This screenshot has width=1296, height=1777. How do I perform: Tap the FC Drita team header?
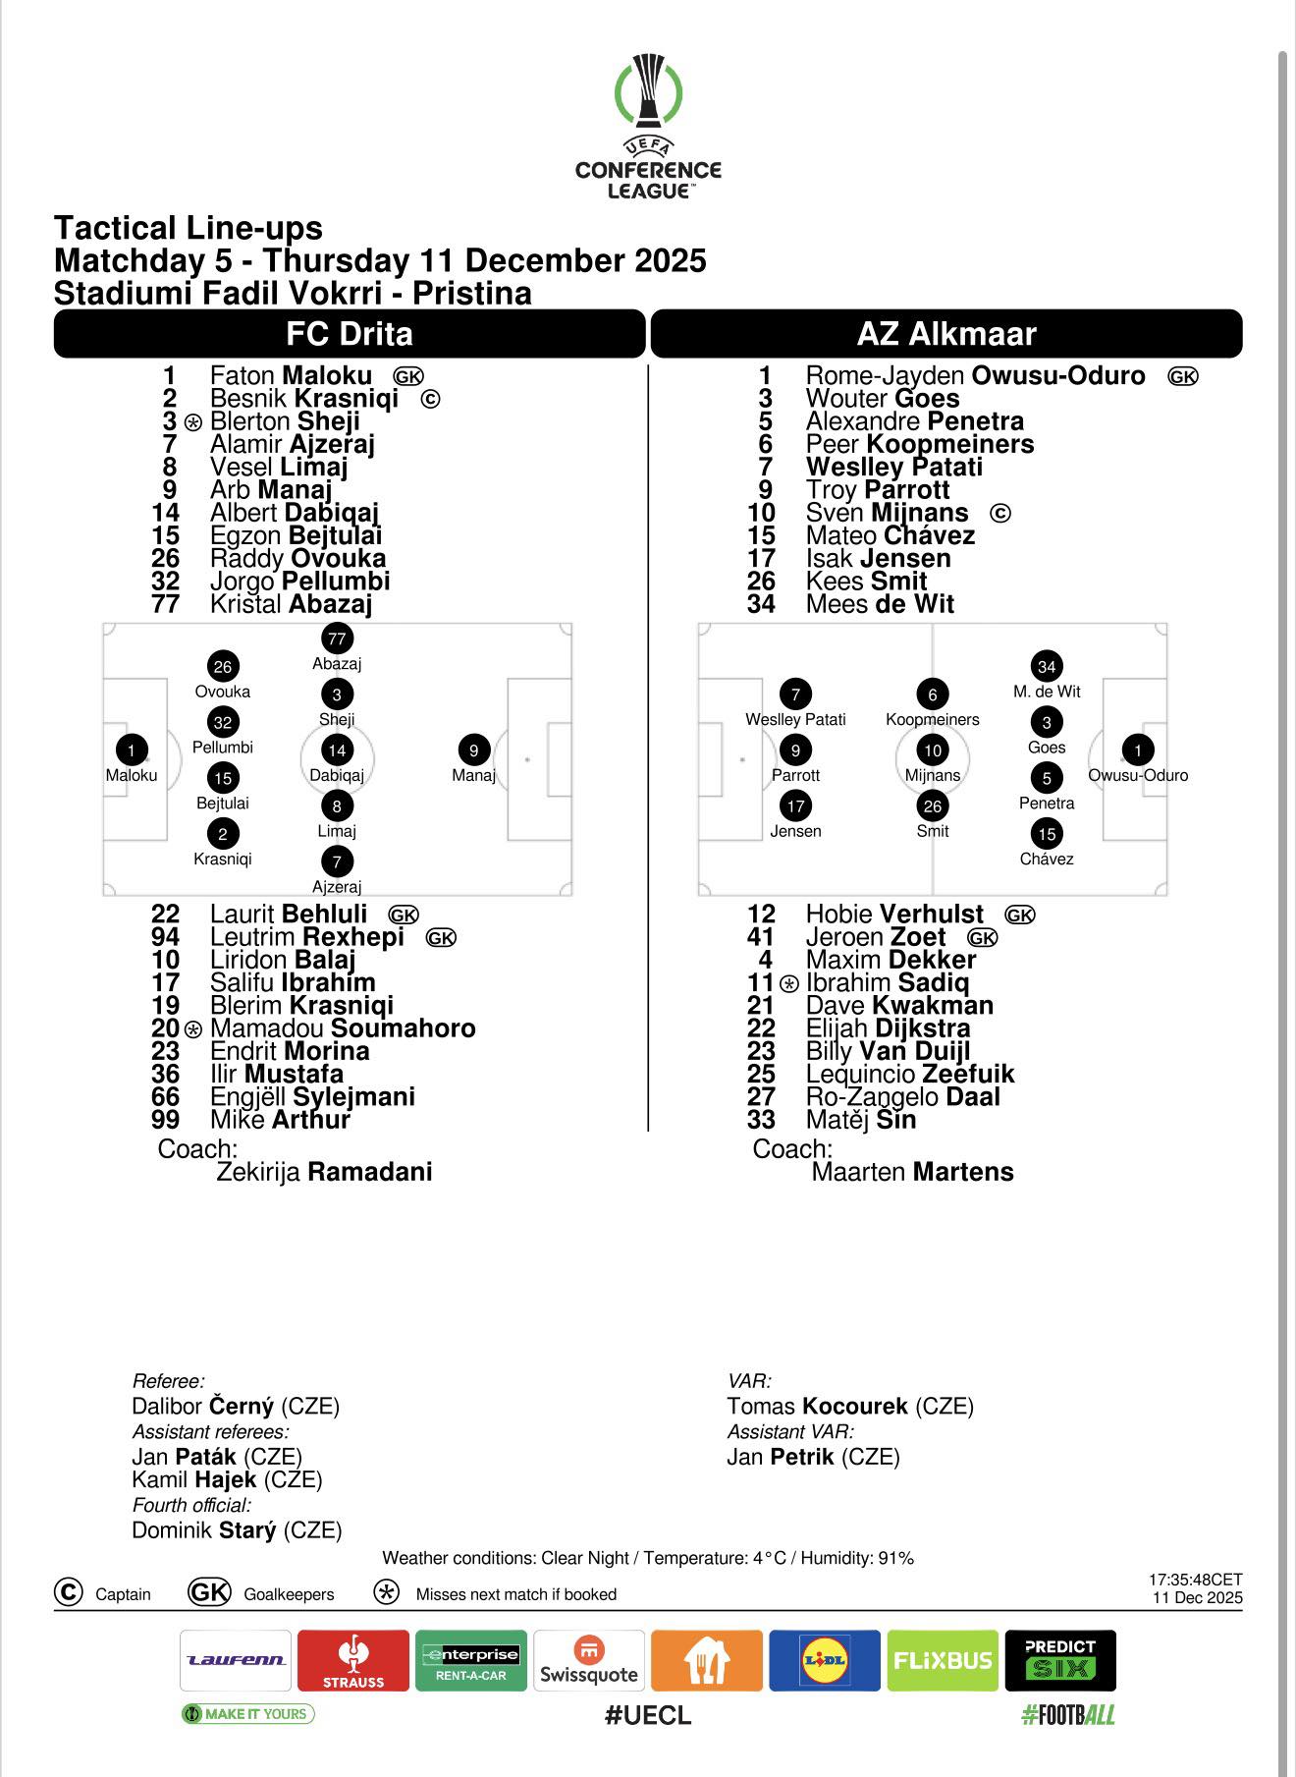click(x=350, y=334)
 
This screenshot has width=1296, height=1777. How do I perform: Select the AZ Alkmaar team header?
click(x=946, y=334)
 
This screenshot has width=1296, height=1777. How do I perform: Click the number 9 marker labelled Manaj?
click(x=473, y=750)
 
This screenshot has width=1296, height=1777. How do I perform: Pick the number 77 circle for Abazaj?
click(x=337, y=639)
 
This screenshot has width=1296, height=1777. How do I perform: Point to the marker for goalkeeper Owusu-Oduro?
click(x=1138, y=750)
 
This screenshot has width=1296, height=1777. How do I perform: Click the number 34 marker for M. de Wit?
click(x=1047, y=667)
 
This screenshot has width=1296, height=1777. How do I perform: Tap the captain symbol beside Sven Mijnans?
click(x=1000, y=514)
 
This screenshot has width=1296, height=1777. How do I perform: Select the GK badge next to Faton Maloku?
click(x=408, y=376)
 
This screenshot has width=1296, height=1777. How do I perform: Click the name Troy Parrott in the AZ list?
click(x=878, y=490)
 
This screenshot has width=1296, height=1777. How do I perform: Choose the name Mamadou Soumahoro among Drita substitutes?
click(x=343, y=1028)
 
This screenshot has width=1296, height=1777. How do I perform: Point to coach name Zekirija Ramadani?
click(x=324, y=1172)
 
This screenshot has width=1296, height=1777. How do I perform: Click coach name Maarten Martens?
click(x=912, y=1172)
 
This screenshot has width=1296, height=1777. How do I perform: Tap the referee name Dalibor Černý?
click(x=236, y=1407)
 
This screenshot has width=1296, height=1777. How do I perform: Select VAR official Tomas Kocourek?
click(x=850, y=1407)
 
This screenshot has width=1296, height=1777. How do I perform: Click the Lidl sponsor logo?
click(x=825, y=1660)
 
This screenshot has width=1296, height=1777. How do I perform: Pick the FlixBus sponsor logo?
click(x=943, y=1660)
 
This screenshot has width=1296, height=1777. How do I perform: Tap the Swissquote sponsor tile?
click(x=589, y=1660)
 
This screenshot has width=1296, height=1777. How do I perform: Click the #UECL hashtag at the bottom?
click(x=648, y=1715)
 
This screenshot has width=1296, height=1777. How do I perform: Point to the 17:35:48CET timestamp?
click(x=1195, y=1581)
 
